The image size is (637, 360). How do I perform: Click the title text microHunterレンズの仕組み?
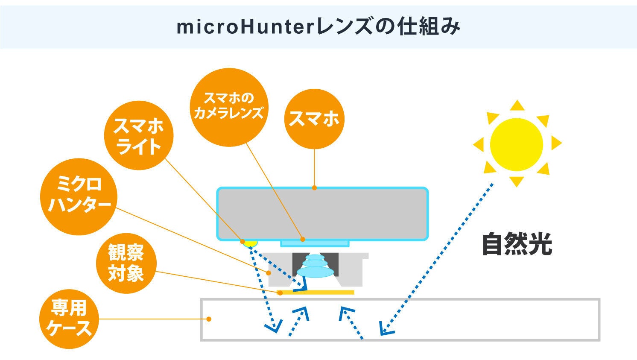point(318,27)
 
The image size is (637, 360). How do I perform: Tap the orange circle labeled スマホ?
point(314,119)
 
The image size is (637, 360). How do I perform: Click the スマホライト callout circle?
point(139,135)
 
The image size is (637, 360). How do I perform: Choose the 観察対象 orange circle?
point(126,263)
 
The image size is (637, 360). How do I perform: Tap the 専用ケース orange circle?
point(69,319)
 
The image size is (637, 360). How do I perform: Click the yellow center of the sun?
point(516,144)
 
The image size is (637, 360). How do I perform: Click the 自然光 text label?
point(517,244)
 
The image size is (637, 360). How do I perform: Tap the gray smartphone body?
point(323,214)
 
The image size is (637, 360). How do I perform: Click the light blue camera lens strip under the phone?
point(315,243)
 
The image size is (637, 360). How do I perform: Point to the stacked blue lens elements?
point(315,266)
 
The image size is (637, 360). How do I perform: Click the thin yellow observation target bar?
point(316,293)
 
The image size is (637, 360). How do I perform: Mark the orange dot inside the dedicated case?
point(209,319)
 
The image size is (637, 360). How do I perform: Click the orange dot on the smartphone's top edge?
point(314,187)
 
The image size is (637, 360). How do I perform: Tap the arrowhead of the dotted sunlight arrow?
point(385,329)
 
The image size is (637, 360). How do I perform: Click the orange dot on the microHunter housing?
point(269,272)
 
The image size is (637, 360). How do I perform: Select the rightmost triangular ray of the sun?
point(555,143)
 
